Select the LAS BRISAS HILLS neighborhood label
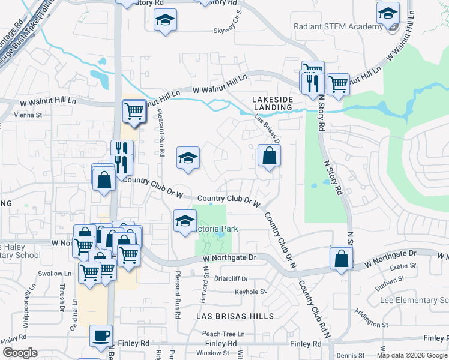click(235, 316)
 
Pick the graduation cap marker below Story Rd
click(165, 21)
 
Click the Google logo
click(20, 353)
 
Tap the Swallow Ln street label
click(55, 274)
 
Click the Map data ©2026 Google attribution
click(412, 355)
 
